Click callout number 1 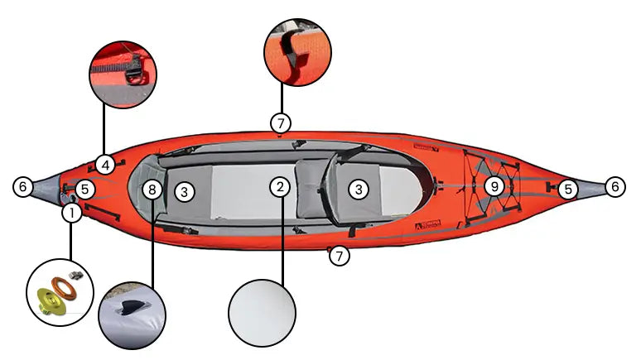click(x=72, y=214)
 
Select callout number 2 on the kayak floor click(x=282, y=187)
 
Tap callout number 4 click(x=104, y=164)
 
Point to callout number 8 click(x=151, y=190)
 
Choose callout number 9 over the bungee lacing click(x=494, y=186)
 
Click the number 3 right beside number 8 click(x=185, y=191)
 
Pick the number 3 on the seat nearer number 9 click(x=358, y=190)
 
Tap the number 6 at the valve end click(x=23, y=188)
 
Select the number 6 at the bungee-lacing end click(x=615, y=188)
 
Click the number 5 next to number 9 click(x=566, y=190)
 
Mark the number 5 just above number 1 click(x=86, y=190)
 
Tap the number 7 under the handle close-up click(x=281, y=123)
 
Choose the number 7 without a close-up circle click(x=340, y=257)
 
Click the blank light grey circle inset click(x=263, y=313)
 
